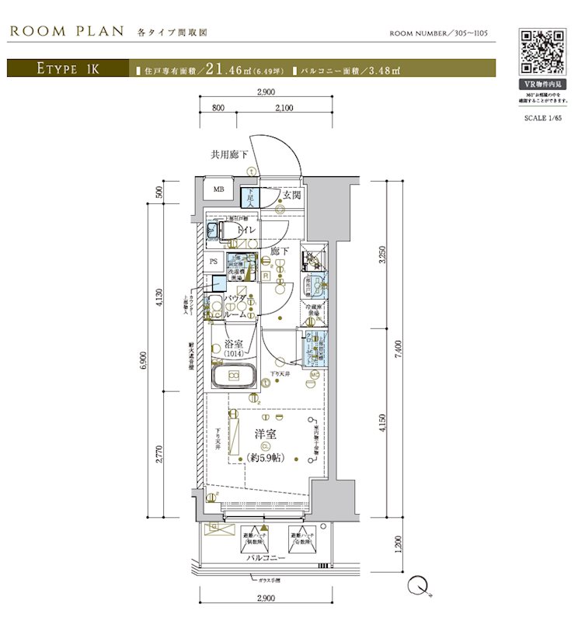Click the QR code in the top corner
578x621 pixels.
point(541,51)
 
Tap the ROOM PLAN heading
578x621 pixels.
point(67,31)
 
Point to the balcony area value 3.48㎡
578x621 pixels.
point(381,70)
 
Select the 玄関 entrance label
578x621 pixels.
point(291,196)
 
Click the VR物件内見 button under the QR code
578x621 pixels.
point(541,84)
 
